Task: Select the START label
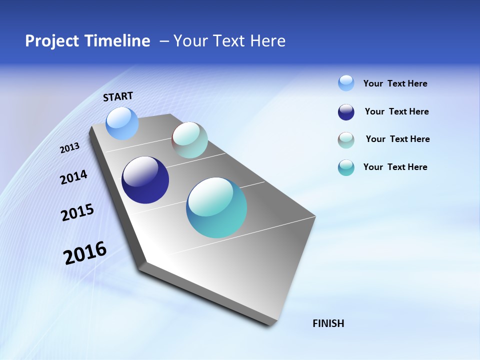tap(118, 96)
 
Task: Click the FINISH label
tap(328, 323)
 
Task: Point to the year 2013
tap(70, 148)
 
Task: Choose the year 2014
tap(74, 177)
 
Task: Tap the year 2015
tap(77, 212)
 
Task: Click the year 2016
tap(85, 253)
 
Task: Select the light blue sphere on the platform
tap(122, 123)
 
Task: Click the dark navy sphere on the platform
tap(145, 180)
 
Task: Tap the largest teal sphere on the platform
tap(216, 207)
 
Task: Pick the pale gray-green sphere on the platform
tap(189, 140)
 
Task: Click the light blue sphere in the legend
tap(346, 83)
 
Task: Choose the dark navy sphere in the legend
tap(346, 112)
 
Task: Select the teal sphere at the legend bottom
tap(346, 167)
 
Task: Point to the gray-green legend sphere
tap(346, 140)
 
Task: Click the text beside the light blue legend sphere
tap(395, 83)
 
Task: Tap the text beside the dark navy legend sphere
tap(396, 111)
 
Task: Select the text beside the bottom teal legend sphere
tap(395, 167)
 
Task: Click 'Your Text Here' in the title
tap(229, 41)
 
